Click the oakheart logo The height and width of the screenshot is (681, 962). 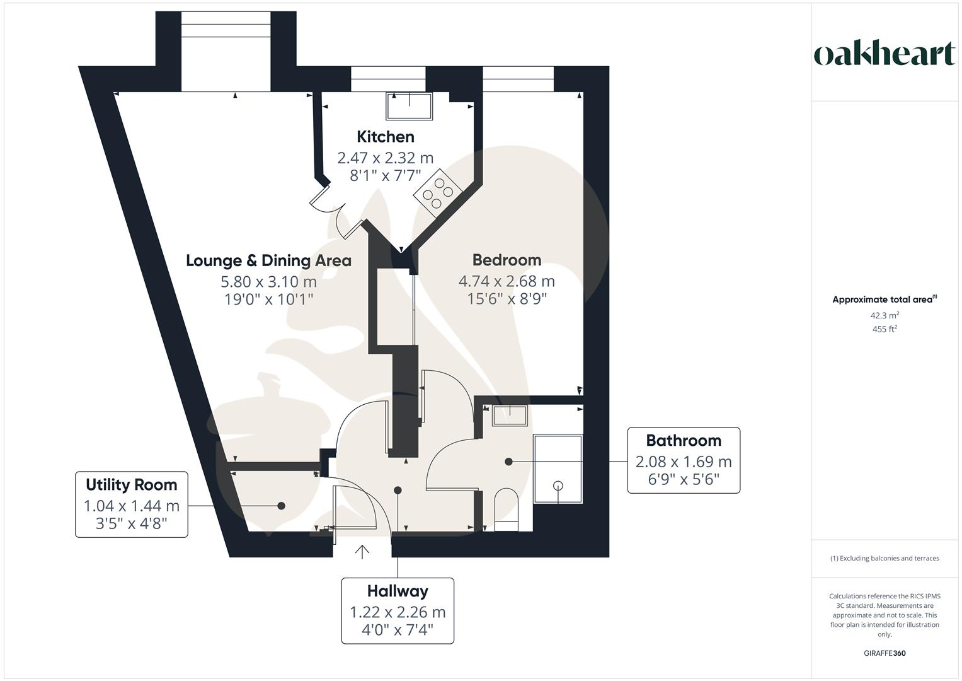[884, 54]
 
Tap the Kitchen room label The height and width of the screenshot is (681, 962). [386, 137]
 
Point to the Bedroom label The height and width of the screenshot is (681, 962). [507, 260]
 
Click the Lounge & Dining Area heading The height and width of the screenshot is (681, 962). [268, 260]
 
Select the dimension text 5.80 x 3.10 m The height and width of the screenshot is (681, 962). [268, 281]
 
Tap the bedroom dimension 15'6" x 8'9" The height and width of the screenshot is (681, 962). [507, 298]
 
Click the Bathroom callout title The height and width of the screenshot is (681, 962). [684, 440]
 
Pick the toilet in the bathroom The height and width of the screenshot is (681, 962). [506, 508]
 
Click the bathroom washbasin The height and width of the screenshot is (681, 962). [509, 416]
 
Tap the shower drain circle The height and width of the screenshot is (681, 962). [558, 485]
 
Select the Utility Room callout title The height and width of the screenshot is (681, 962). [131, 484]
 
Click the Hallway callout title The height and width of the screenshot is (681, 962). [398, 591]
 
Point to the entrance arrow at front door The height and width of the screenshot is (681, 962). [362, 552]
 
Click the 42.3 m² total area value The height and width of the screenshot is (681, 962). [885, 315]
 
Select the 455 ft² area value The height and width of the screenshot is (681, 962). [885, 329]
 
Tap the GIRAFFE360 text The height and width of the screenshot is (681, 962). [885, 653]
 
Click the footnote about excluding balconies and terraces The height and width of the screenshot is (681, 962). [885, 558]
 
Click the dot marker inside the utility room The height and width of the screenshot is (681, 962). [281, 506]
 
